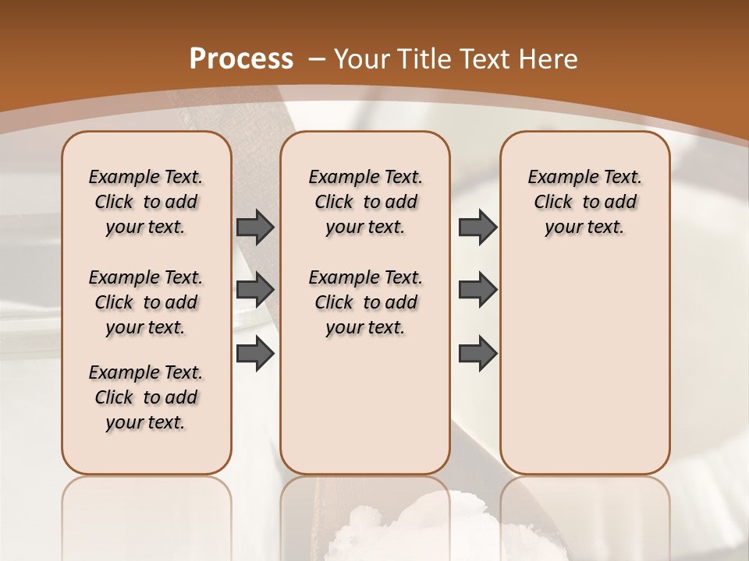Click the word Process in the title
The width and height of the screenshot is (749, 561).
coord(241,59)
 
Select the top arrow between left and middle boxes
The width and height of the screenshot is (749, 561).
coord(255,227)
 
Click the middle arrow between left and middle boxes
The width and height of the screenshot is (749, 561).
coord(255,290)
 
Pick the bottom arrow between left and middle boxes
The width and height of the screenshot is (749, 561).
coord(255,353)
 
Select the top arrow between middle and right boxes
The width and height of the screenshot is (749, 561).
coord(477,227)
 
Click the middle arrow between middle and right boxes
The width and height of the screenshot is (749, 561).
coord(477,290)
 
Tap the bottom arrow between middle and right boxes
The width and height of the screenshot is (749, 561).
coord(477,353)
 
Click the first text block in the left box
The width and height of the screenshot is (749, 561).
coord(146,202)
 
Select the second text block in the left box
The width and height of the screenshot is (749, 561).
coord(146,302)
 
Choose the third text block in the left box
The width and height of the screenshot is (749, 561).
coord(146,397)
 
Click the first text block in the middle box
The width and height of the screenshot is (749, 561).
coord(365,202)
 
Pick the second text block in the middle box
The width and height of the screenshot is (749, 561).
coord(365,302)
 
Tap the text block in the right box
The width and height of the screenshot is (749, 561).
coord(584,202)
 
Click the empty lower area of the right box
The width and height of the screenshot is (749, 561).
coord(584,366)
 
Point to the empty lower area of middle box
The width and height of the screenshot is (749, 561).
coord(365,405)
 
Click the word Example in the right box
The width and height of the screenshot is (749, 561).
coord(555,177)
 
